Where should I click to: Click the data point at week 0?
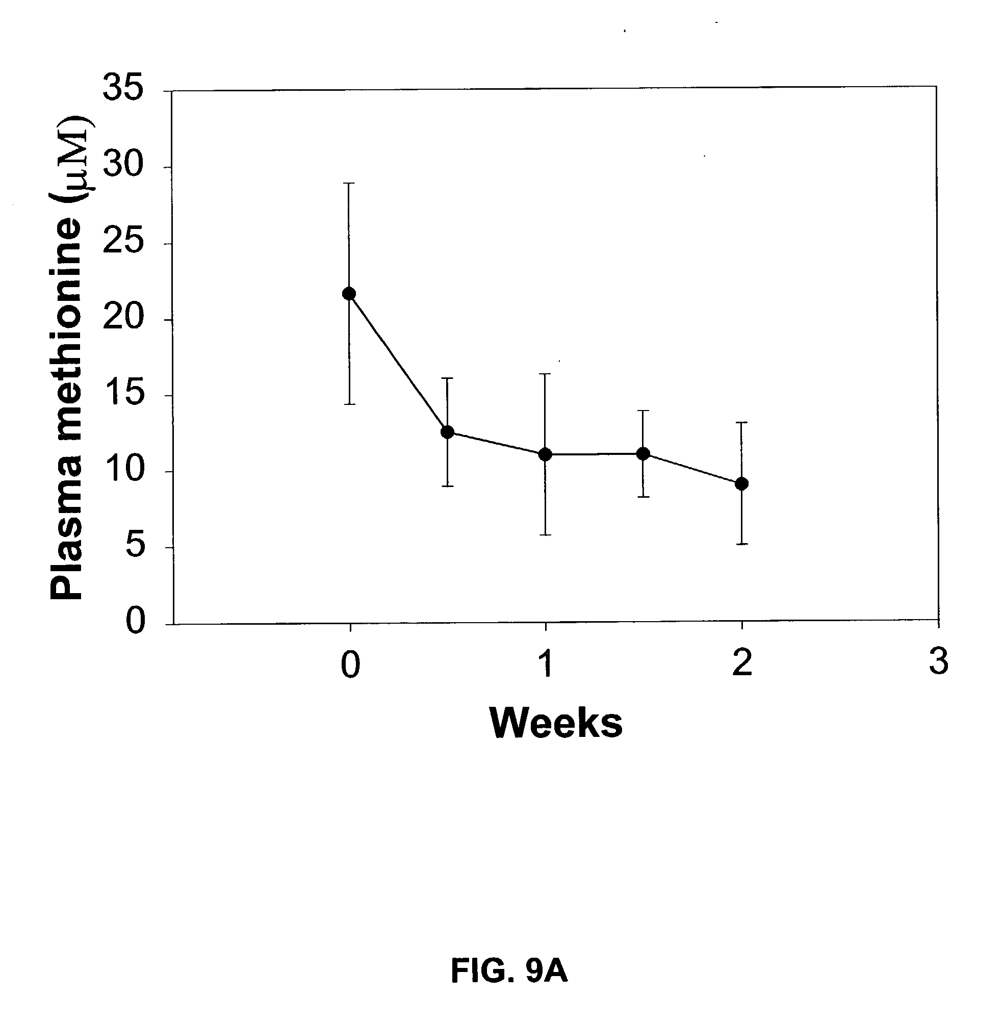point(349,293)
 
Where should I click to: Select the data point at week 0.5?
point(447,432)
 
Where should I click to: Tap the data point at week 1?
point(545,454)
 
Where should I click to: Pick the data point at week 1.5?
point(643,453)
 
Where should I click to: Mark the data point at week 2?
point(741,483)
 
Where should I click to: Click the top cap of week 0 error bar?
point(349,183)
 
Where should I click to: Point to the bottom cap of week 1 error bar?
point(545,534)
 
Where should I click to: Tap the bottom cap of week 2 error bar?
point(741,544)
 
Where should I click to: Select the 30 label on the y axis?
point(123,165)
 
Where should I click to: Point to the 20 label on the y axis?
point(123,317)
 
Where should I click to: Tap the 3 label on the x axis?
point(938,661)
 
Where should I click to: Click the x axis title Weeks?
point(556,723)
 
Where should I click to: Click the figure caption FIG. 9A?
point(509,970)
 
